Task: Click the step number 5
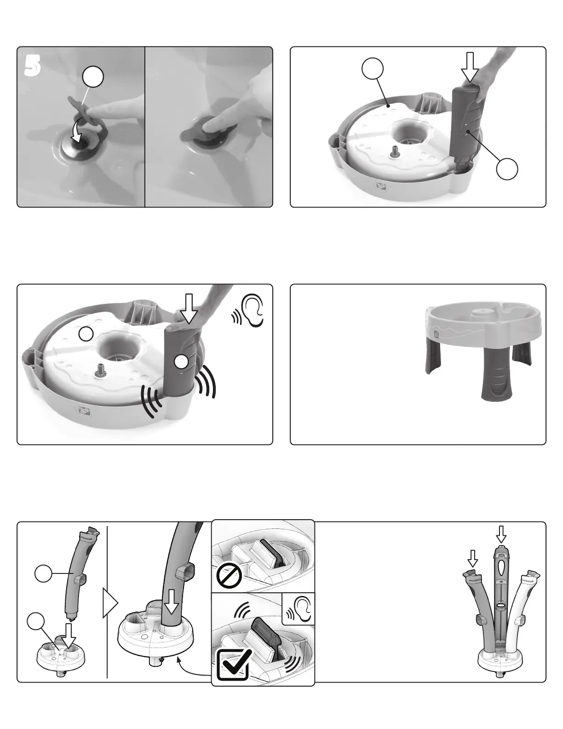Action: click(33, 65)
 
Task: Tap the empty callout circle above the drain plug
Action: click(93, 77)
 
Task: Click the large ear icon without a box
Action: click(252, 310)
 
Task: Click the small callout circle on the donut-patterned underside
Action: click(86, 334)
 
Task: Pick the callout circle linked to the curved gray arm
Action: click(43, 573)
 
